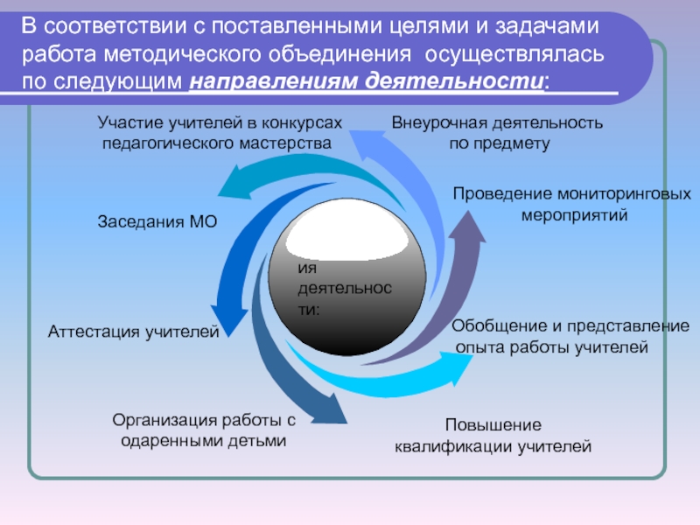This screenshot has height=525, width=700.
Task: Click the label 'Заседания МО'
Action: point(156,223)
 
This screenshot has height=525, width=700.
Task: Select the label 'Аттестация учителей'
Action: point(132,332)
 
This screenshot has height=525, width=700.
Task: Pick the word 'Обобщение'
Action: point(492,326)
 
